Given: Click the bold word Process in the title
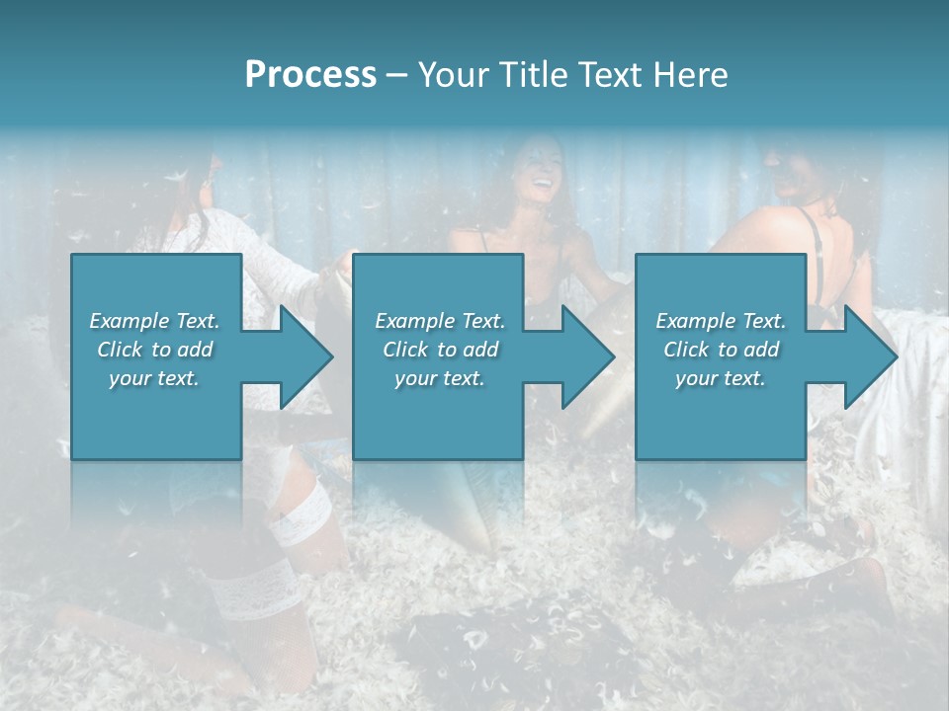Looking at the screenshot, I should pos(310,75).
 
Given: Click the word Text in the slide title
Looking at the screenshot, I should pos(610,75).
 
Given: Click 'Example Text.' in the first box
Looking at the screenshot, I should pos(154,321).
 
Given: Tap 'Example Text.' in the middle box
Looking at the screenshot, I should pos(440,321).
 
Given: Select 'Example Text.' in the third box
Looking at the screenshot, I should pos(721,321).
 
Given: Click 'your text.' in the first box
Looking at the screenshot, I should pos(154,378).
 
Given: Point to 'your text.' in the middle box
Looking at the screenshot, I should pos(440,378).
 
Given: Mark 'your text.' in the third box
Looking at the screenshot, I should pos(721,378).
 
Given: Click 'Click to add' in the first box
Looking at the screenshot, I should pos(154,350).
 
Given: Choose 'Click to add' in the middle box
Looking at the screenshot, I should pos(440,350).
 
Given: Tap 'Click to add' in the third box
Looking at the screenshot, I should pos(721,350).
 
